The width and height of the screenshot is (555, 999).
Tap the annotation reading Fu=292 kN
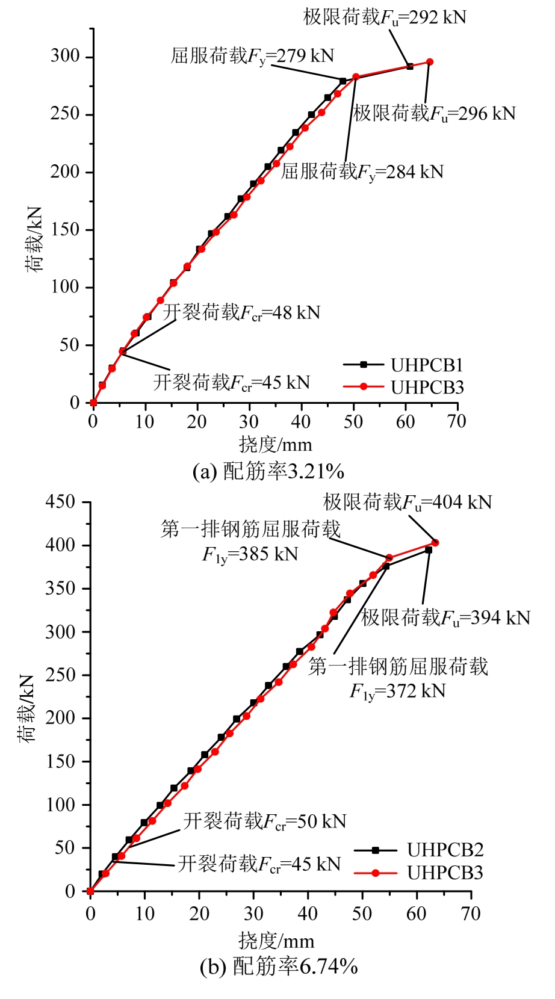click(x=385, y=17)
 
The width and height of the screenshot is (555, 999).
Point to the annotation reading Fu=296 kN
click(x=434, y=113)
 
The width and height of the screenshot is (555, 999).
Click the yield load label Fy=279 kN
click(x=252, y=56)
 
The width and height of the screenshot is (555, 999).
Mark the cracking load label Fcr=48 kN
click(x=241, y=312)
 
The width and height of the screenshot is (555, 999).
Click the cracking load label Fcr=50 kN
click(x=265, y=821)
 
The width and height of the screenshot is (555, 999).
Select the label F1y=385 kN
click(x=250, y=554)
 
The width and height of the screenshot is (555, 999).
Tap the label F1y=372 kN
click(x=398, y=690)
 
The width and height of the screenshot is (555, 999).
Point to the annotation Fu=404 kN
click(x=408, y=502)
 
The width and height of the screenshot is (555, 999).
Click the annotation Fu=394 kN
click(x=446, y=618)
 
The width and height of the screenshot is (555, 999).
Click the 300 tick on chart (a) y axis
click(x=65, y=57)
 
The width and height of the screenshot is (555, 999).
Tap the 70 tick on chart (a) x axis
click(x=457, y=421)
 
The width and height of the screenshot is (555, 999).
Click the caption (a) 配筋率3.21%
click(x=268, y=471)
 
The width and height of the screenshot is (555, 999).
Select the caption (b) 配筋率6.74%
click(x=279, y=967)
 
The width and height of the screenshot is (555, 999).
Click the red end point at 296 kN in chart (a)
click(x=430, y=62)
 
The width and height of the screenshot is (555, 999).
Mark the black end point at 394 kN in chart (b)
click(x=429, y=550)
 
